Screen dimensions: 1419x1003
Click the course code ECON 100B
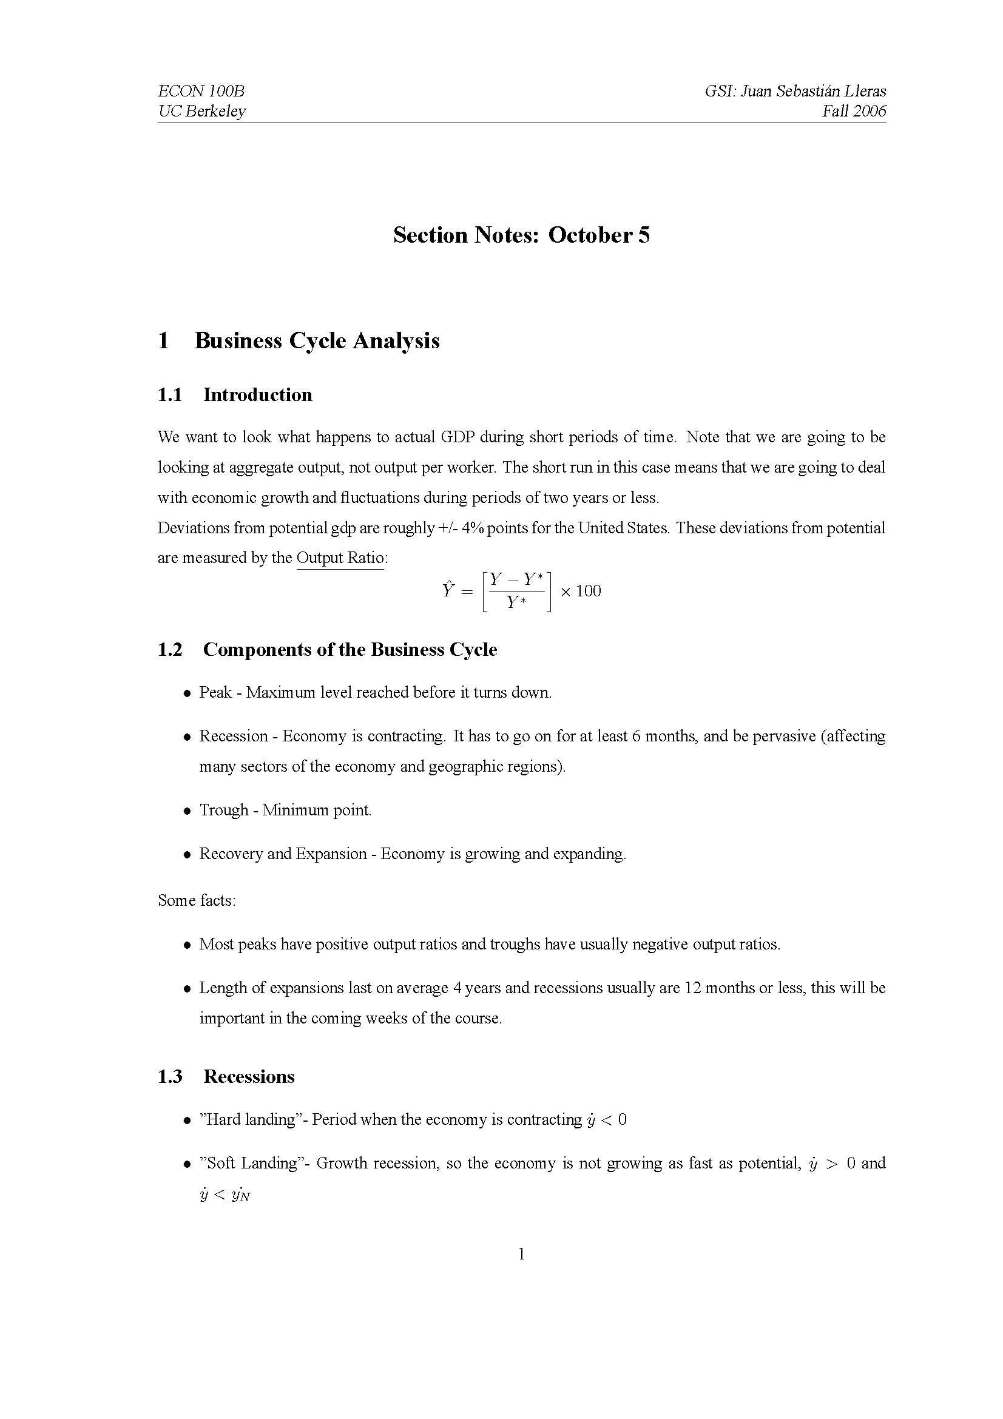coord(201,91)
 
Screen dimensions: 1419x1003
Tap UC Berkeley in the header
coord(201,111)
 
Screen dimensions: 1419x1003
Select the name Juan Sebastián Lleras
coord(812,91)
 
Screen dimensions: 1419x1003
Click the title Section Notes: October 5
coord(521,235)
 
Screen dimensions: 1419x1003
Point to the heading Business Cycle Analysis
coord(316,340)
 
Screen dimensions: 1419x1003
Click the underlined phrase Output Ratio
coord(340,558)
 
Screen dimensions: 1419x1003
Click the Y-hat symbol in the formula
coord(448,590)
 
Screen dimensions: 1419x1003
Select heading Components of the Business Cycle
coord(350,650)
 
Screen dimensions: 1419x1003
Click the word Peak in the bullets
coord(215,692)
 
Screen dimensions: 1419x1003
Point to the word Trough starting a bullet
coord(223,810)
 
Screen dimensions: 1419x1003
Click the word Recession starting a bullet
coord(233,736)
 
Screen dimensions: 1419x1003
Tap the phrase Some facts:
coord(197,900)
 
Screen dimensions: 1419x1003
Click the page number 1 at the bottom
coord(521,1254)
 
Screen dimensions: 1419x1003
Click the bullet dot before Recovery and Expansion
coord(187,855)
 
